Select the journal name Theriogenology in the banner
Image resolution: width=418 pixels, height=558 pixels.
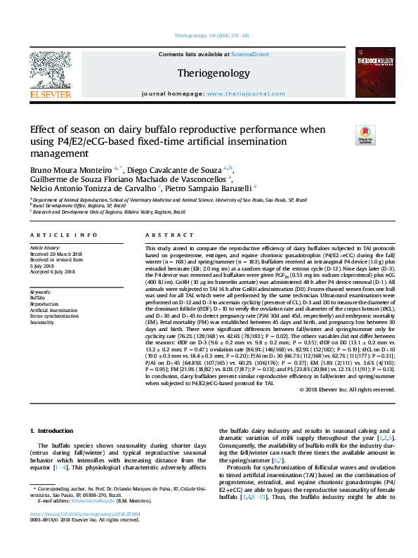[x=213, y=73]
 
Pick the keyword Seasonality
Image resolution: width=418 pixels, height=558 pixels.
[x=43, y=323]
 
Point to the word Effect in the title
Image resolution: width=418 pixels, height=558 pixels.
[x=44, y=130]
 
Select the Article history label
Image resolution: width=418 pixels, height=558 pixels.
[x=46, y=248]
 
